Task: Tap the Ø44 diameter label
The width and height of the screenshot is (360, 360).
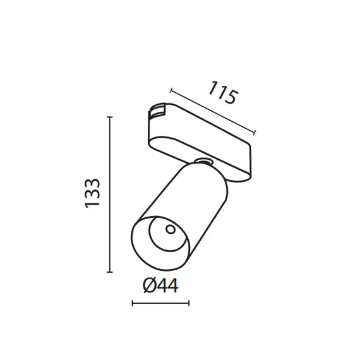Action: coord(160,286)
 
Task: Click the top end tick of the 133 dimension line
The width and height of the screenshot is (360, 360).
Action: coord(110,117)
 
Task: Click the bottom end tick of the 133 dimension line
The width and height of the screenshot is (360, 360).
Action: coord(110,272)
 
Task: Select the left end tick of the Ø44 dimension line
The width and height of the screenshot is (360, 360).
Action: coord(132,304)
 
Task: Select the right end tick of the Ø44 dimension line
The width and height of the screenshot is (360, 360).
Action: coord(189,304)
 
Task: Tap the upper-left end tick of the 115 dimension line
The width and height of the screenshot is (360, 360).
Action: coord(171,90)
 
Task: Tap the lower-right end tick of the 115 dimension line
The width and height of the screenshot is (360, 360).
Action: coord(255,133)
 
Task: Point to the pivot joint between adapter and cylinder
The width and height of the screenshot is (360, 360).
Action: coord(203,162)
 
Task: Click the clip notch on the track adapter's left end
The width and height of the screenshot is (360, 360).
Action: coord(153,114)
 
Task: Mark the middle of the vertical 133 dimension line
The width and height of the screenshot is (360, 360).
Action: coord(110,195)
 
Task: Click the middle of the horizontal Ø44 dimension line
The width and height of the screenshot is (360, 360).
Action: coord(160,304)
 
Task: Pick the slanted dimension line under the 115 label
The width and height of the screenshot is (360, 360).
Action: coord(213,111)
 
